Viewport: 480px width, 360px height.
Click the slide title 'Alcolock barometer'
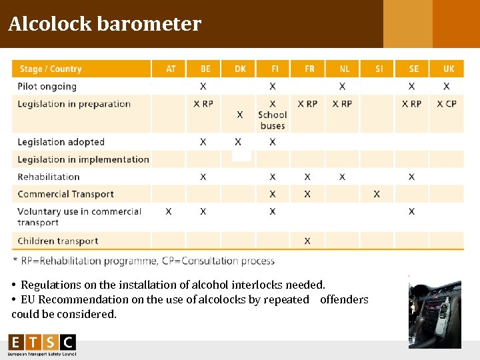tap(105, 24)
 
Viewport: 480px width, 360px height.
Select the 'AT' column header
tap(171, 69)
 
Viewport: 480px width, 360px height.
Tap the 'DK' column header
tap(240, 69)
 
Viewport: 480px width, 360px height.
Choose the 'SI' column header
tap(379, 69)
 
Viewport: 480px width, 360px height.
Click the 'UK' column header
tap(449, 69)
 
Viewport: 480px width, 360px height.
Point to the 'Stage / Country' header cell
tap(51, 69)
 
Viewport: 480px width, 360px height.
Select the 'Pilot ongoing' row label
tap(47, 86)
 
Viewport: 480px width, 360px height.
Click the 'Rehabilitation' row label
tap(49, 177)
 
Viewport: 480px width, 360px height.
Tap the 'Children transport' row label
tap(58, 241)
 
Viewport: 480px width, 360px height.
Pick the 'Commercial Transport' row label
tap(65, 194)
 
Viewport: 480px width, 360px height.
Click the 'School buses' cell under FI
tap(273, 120)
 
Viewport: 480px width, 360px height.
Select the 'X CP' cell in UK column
tap(447, 103)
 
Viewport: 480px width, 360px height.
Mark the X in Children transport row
tap(307, 241)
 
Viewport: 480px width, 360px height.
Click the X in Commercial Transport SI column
tap(377, 194)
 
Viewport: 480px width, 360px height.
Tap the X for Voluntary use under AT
tap(169, 211)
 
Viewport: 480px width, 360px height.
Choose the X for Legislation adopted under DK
tap(238, 142)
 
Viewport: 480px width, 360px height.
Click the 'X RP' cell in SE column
tap(411, 103)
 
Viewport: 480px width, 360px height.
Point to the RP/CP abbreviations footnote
tap(143, 261)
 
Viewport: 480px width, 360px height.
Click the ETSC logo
tap(42, 345)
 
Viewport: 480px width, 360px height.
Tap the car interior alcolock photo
tap(435, 311)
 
